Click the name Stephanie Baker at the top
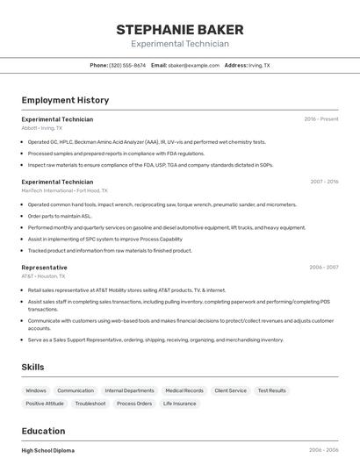[x=179, y=30]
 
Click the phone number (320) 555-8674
[x=127, y=65]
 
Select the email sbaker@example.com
[x=193, y=65]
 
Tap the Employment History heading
[x=65, y=100]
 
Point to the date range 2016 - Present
[x=320, y=119]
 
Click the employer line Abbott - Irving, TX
[x=42, y=128]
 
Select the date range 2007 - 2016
[x=323, y=182]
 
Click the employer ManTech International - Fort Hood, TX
[x=64, y=190]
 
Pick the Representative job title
[x=44, y=268]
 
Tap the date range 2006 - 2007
[x=323, y=268]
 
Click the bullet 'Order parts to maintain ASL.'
[x=60, y=216]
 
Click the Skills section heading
[x=33, y=367]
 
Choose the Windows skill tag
[x=36, y=390]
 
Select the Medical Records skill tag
[x=184, y=390]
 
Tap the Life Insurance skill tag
[x=180, y=404]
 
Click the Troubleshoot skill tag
[x=90, y=404]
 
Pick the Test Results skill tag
[x=271, y=390]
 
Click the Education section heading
[x=43, y=431]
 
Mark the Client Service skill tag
[x=231, y=390]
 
